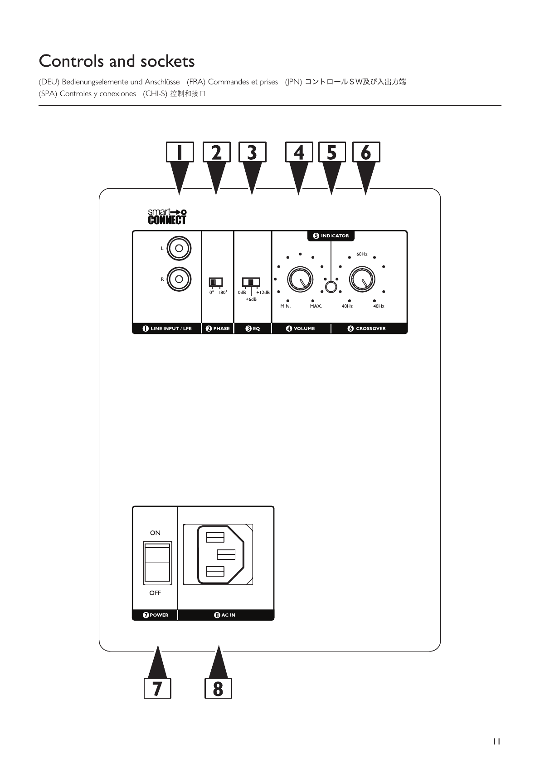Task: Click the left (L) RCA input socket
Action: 179,248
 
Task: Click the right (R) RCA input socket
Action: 179,279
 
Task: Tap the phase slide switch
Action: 215,282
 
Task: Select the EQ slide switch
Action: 251,282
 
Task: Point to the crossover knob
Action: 362,279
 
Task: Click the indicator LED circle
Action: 331,287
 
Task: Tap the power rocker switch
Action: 157,563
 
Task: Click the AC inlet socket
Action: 218,554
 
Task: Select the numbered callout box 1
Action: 180,152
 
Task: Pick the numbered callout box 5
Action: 332,152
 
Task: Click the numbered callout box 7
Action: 157,688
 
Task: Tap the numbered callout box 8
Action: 218,688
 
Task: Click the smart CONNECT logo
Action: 167,216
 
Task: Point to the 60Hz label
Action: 362,255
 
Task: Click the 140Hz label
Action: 377,306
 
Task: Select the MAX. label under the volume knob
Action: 316,306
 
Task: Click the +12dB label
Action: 263,293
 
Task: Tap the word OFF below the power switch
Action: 155,593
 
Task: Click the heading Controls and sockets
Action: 117,61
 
